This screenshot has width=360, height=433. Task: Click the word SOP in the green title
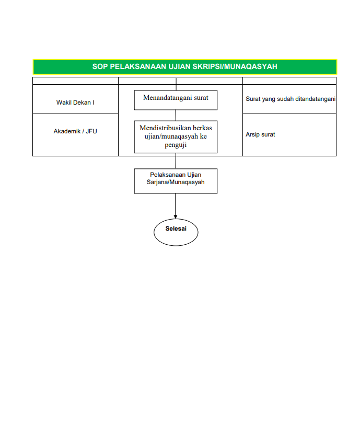coord(100,66)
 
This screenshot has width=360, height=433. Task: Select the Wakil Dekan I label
coord(75,102)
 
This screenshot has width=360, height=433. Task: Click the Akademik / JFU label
coord(75,131)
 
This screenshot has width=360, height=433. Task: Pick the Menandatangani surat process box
coord(176,100)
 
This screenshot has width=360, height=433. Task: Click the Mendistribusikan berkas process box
coord(176,137)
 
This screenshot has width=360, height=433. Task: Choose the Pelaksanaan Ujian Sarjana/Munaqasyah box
coord(176,181)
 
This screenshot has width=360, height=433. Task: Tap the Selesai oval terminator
coord(176,230)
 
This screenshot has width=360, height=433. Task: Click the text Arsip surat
coord(260,134)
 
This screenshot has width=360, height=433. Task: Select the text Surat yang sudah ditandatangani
coord(291,99)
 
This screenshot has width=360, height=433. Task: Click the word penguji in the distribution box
coord(176,145)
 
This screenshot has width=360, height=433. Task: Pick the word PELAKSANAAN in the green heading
coord(138,66)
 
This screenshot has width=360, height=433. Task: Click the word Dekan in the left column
coord(82,102)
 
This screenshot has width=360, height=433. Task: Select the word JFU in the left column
coord(91,131)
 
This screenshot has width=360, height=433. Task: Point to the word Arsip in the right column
coord(252,134)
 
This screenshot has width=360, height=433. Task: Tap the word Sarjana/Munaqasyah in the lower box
coord(176,183)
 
